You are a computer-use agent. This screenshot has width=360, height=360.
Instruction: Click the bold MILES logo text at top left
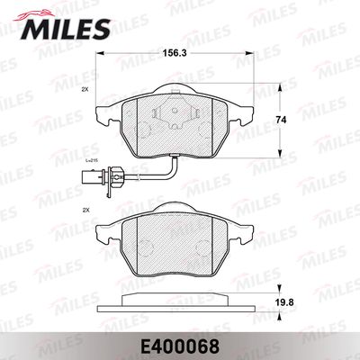pyautogui.click(x=66, y=29)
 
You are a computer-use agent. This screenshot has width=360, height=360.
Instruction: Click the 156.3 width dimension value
pyautogui.click(x=175, y=53)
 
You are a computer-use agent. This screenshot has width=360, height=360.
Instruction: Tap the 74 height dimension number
pyautogui.click(x=281, y=120)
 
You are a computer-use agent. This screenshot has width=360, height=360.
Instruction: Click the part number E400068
pyautogui.click(x=180, y=346)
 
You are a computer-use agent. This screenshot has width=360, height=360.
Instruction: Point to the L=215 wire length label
pyautogui.click(x=90, y=161)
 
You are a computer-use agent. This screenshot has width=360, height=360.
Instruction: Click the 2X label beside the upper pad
pyautogui.click(x=85, y=89)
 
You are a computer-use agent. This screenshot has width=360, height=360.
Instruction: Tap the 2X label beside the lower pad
pyautogui.click(x=85, y=211)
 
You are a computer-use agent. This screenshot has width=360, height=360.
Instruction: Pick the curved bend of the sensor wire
pyautogui.click(x=174, y=173)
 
